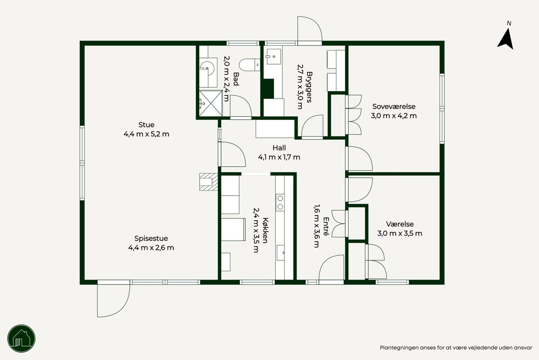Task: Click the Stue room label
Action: pyautogui.click(x=146, y=125)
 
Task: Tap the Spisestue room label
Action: pyautogui.click(x=151, y=238)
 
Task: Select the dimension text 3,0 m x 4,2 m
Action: pyautogui.click(x=393, y=116)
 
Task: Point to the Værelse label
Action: pyautogui.click(x=400, y=224)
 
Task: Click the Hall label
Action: pyautogui.click(x=279, y=147)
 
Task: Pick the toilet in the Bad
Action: pyautogui.click(x=250, y=65)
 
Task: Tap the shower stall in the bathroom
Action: pyautogui.click(x=211, y=103)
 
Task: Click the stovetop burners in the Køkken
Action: pyautogui.click(x=280, y=203)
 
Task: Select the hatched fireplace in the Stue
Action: pyautogui.click(x=208, y=182)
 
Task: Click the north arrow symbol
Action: pyautogui.click(x=506, y=39)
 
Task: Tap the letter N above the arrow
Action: pyautogui.click(x=509, y=23)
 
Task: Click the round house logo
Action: pyautogui.click(x=22, y=338)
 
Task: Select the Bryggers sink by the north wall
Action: pyautogui.click(x=273, y=57)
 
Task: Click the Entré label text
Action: pyautogui.click(x=326, y=227)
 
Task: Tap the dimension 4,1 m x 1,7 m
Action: pyautogui.click(x=279, y=157)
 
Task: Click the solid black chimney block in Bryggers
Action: pyautogui.click(x=269, y=89)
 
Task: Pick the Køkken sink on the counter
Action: pyautogui.click(x=281, y=253)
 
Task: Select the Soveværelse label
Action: pyautogui.click(x=394, y=107)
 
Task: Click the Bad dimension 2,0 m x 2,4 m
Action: pyautogui.click(x=227, y=79)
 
